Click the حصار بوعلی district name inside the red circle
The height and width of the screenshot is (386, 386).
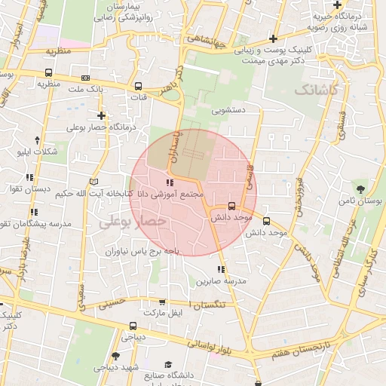pyautogui.click(x=133, y=220)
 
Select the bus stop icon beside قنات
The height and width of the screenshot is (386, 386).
pyautogui.click(x=137, y=85)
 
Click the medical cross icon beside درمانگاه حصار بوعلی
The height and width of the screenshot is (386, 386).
pyautogui.click(x=101, y=115)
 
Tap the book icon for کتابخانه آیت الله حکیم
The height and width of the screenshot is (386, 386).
pyautogui.click(x=93, y=182)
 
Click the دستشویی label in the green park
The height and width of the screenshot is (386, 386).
pyautogui.click(x=229, y=110)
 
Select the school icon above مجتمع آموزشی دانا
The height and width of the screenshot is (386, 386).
pyautogui.click(x=170, y=182)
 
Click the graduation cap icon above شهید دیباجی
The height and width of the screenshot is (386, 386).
pyautogui.click(x=115, y=355)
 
